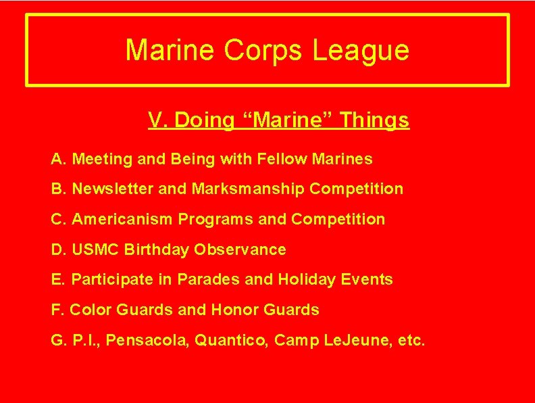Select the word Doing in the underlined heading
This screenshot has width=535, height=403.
tap(202, 120)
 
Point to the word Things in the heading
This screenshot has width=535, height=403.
tap(375, 120)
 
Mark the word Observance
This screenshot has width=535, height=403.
tap(240, 250)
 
